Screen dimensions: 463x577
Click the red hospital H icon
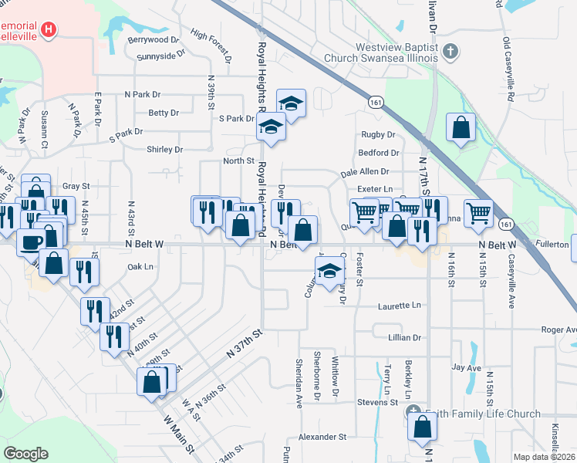pos(49,30)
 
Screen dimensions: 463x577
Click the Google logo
pos(25,454)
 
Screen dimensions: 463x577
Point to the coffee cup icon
pos(32,242)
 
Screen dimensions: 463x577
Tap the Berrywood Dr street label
pos(154,39)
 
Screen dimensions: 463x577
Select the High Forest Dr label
pos(211,46)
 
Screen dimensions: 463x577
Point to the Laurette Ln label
pos(400,306)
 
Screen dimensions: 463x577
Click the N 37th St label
pos(245,343)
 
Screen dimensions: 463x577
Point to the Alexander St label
pos(322,437)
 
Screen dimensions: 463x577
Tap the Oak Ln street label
pos(140,267)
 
